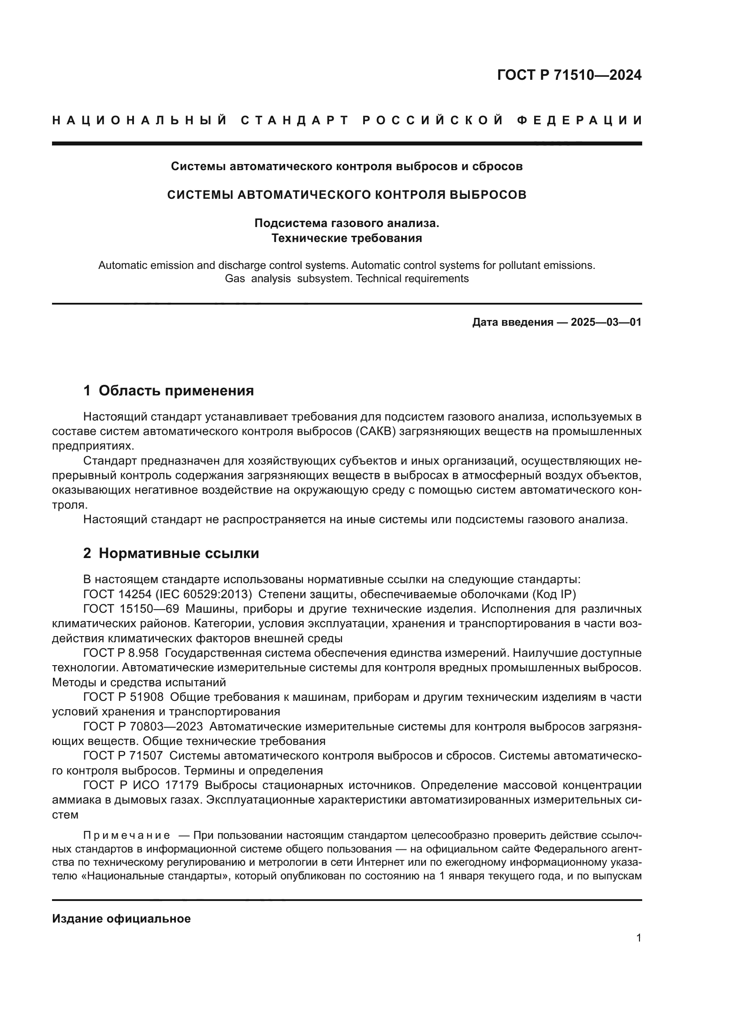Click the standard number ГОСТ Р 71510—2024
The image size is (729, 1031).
(569, 75)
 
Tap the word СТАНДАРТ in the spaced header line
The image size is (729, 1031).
(295, 120)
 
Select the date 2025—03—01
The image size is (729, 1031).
(606, 322)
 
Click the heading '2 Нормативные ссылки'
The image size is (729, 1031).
(171, 553)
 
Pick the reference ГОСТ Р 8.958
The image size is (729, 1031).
(121, 653)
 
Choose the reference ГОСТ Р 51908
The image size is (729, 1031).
(123, 697)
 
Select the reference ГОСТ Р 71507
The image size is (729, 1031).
(123, 756)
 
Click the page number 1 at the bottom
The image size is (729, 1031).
(639, 938)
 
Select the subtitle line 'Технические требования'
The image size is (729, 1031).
(346, 238)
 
